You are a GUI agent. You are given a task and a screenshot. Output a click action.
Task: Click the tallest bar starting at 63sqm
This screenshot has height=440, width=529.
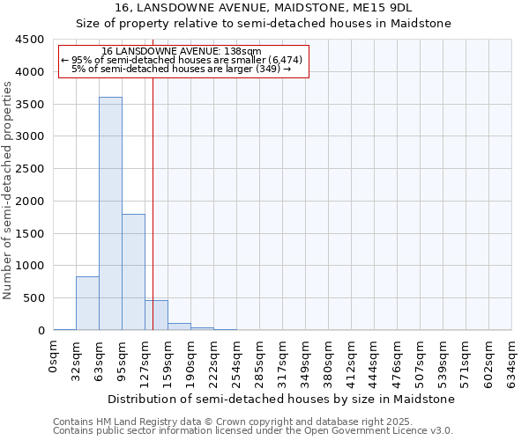110,214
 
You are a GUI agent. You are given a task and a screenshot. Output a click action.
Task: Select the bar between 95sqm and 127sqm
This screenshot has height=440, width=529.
133,272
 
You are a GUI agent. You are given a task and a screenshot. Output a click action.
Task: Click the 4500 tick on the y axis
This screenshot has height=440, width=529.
29,40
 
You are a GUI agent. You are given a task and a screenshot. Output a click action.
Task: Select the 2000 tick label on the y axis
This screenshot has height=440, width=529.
29,201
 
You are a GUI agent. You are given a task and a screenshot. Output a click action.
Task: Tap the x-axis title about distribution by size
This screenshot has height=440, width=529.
283,399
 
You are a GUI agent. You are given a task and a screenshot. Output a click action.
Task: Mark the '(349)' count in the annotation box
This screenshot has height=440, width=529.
265,69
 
